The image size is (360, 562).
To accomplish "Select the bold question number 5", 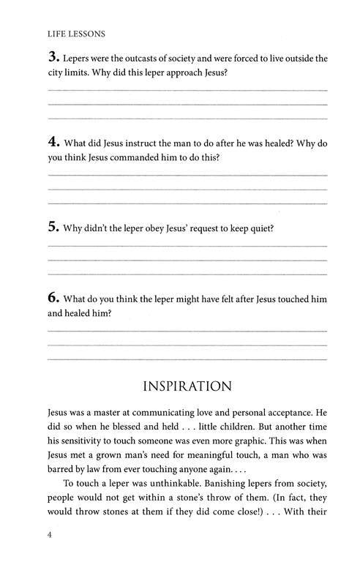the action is (x=52, y=227).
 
